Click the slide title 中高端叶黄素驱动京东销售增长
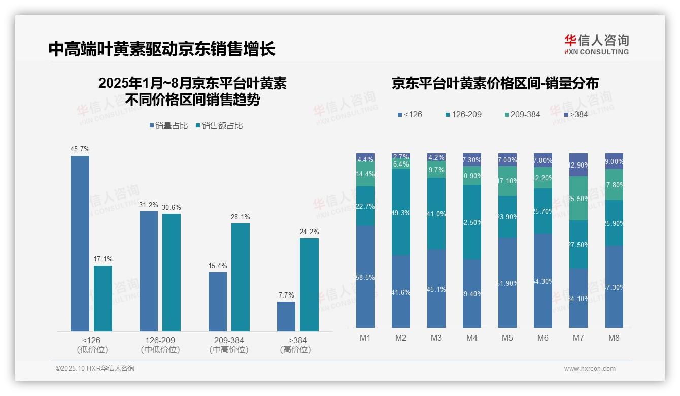(x=162, y=49)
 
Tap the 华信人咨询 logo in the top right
(x=596, y=44)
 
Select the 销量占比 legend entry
(x=168, y=126)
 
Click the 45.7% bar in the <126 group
(x=80, y=244)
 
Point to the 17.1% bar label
(x=103, y=259)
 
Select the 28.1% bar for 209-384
(x=241, y=277)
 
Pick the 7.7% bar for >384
(x=286, y=316)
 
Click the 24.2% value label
(x=309, y=232)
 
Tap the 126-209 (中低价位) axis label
(x=160, y=345)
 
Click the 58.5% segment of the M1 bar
(x=365, y=277)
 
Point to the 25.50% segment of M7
(x=579, y=199)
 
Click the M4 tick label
(x=472, y=338)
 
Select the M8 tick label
(x=614, y=338)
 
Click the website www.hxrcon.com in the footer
(x=590, y=369)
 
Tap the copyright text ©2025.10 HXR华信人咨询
(x=95, y=369)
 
